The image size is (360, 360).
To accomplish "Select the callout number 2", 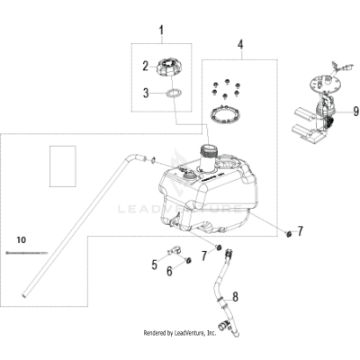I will tap(143, 66).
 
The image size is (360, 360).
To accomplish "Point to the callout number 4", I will tap(240, 43).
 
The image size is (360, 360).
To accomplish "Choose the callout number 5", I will tap(154, 265).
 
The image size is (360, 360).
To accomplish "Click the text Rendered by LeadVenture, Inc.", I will tap(180, 333).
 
